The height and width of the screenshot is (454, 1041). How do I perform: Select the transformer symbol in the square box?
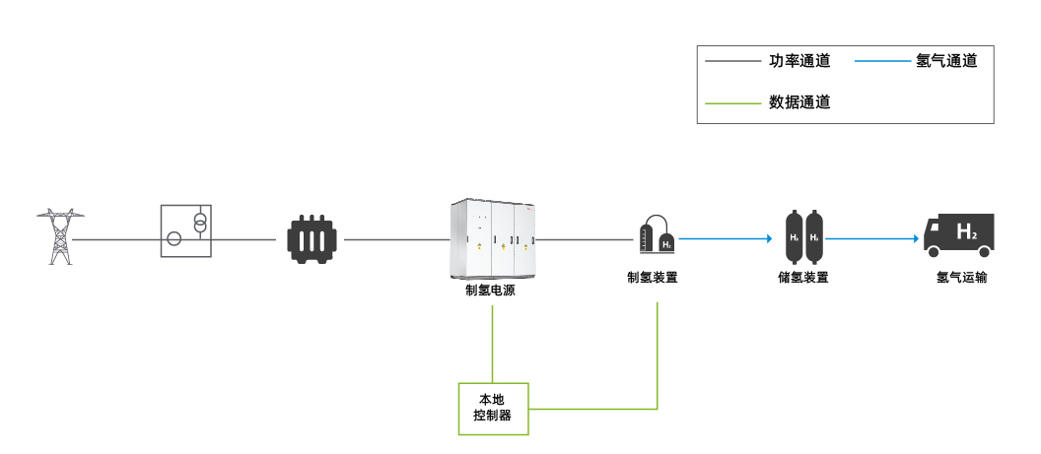tap(186, 230)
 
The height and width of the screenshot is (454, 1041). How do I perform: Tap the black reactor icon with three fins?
tap(312, 239)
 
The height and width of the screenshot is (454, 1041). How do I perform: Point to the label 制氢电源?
tap(490, 292)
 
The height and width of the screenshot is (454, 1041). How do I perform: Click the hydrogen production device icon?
tap(658, 234)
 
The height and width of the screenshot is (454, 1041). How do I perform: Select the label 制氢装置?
tap(653, 278)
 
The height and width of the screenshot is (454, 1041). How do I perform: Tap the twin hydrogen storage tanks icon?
tap(802, 235)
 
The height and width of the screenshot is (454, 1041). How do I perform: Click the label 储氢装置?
tap(802, 278)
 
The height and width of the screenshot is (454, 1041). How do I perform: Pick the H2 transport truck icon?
tap(957, 235)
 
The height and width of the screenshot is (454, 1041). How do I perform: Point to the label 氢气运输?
tap(961, 278)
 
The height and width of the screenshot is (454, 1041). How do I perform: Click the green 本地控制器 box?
tap(494, 409)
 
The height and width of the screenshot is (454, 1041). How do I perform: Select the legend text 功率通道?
tap(799, 61)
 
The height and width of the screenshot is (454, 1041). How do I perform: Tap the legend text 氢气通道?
tap(946, 61)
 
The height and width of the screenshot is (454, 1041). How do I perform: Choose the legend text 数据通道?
tap(799, 101)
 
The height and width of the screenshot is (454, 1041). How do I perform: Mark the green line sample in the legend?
tap(732, 101)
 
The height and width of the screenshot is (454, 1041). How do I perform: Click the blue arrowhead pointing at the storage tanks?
tap(767, 239)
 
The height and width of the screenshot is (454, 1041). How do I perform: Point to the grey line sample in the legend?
tap(732, 61)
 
